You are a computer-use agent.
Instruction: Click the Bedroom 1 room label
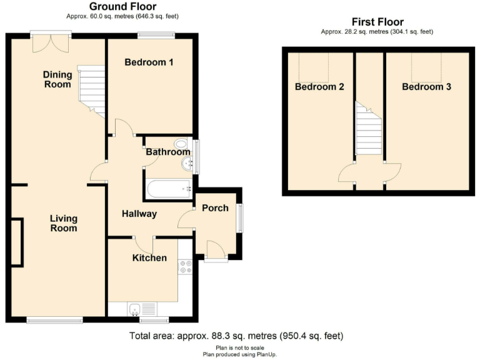pyautogui.click(x=149, y=62)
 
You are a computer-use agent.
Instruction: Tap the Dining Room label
pyautogui.click(x=57, y=79)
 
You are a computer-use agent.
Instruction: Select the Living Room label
pyautogui.click(x=64, y=223)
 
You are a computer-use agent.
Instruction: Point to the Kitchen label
pyautogui.click(x=149, y=258)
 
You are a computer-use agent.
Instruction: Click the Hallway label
pyautogui.click(x=139, y=214)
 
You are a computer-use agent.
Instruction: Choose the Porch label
pyautogui.click(x=215, y=208)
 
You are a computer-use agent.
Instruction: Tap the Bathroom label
pyautogui.click(x=167, y=152)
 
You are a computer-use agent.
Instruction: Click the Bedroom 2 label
pyautogui.click(x=319, y=87)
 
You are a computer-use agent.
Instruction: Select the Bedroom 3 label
pyautogui.click(x=426, y=87)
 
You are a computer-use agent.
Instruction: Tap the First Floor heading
pyautogui.click(x=377, y=22)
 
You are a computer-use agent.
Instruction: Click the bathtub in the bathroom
pyautogui.click(x=168, y=188)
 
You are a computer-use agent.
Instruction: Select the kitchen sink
pyautogui.click(x=134, y=308)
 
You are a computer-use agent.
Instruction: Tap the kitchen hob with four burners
pyautogui.click(x=186, y=267)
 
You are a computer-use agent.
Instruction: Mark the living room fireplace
pyautogui.click(x=16, y=242)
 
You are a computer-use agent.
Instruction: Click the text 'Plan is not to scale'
pyautogui.click(x=239, y=348)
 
